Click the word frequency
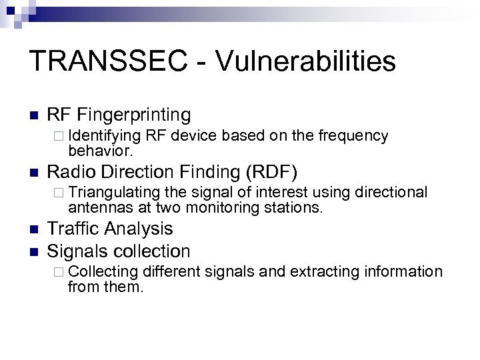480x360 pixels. tap(353, 136)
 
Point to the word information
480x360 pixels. tap(405, 272)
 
